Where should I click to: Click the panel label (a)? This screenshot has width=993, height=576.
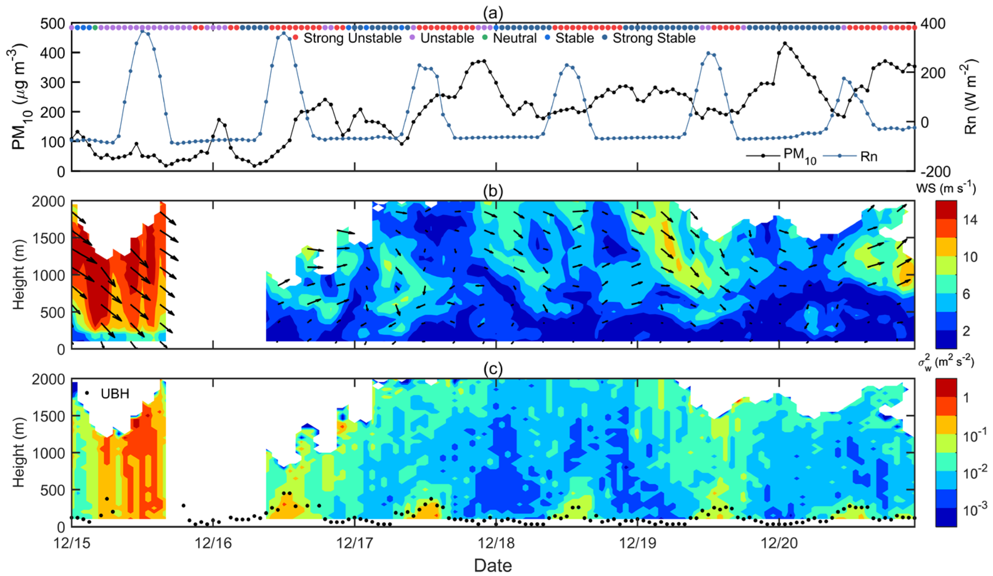[x=493, y=14]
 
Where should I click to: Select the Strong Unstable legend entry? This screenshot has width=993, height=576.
[x=352, y=38]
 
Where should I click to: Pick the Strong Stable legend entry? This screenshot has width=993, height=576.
[x=653, y=38]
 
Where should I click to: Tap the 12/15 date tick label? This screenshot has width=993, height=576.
[x=72, y=543]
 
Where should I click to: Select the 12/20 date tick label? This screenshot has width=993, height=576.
[x=779, y=543]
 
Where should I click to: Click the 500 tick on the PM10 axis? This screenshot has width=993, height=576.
[x=53, y=24]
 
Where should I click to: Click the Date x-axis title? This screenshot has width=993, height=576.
[x=493, y=565]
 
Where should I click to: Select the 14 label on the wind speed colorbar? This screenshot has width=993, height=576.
[x=969, y=220]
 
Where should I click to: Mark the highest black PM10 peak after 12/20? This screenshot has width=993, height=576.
[x=785, y=43]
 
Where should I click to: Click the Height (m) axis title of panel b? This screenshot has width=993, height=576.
[x=19, y=275]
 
